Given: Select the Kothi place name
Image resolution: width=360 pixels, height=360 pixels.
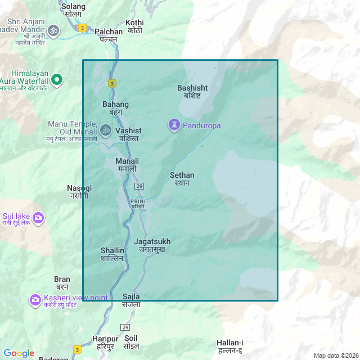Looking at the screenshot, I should coord(135,26).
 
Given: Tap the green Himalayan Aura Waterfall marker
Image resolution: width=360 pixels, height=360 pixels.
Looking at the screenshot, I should coord(56,79).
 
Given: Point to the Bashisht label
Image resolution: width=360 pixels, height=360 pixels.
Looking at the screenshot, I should coord(192,92).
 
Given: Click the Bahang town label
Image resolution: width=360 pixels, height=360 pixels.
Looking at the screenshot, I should coord(115,108).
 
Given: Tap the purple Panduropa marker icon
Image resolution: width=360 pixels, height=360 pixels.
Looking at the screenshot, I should coord(174,125).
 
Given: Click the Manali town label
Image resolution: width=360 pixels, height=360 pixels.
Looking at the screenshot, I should coord(127,165).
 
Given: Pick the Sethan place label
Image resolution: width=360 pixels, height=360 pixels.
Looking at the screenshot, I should coord(182,179).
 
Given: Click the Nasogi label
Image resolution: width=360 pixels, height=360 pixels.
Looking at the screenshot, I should coord(79,191).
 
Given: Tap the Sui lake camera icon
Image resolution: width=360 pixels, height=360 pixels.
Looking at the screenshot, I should coord(38,217).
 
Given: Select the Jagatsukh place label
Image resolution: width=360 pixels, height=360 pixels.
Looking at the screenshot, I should coord(152,245).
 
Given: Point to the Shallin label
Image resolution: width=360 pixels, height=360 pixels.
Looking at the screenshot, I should coord(112,254).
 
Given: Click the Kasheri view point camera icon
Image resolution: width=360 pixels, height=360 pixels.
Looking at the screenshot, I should coord(35,300).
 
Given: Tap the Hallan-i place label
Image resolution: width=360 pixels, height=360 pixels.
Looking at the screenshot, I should coord(230,346).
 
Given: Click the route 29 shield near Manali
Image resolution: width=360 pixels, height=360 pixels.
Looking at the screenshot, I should coord(139,186).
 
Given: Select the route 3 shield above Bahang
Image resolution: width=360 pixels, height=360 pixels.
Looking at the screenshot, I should coord(112,84).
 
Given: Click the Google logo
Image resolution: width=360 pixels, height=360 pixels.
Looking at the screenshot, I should coord(19,353).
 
